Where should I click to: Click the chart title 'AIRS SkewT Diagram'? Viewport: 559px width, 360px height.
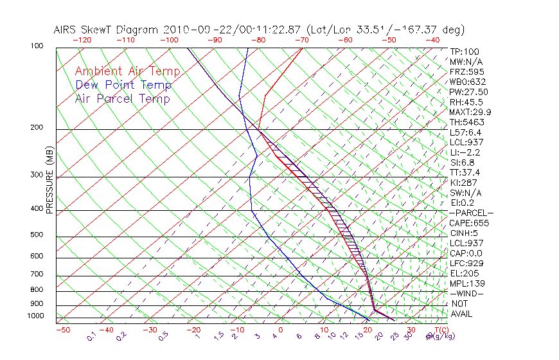[x=106, y=30]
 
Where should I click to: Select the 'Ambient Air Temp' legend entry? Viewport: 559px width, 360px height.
[x=127, y=71]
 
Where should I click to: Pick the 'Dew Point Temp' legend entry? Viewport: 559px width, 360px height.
[x=123, y=85]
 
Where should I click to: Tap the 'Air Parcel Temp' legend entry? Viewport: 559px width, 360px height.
[x=122, y=98]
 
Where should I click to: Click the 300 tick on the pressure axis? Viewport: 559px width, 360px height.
[x=37, y=175]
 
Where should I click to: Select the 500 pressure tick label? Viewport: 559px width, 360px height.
[x=37, y=235]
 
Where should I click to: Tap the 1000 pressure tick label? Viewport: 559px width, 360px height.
[x=35, y=316]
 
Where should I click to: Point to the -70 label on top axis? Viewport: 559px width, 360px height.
[x=301, y=40]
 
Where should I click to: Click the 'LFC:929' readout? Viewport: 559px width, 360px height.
[x=466, y=264]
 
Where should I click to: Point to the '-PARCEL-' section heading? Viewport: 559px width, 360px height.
[x=471, y=213]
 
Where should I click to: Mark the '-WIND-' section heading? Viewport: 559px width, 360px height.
[x=466, y=294]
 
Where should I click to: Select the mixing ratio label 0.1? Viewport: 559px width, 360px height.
[x=91, y=336]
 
